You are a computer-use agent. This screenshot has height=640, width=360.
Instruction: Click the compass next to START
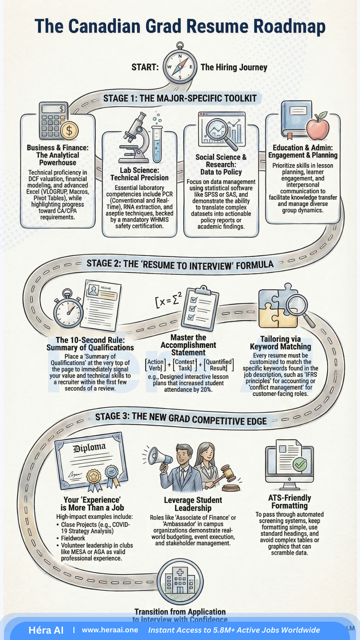[180, 66]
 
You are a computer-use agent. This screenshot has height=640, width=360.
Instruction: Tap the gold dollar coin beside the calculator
[69, 130]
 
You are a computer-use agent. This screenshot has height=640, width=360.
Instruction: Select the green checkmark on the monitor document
[299, 464]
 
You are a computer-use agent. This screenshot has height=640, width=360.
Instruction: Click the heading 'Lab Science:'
[139, 170]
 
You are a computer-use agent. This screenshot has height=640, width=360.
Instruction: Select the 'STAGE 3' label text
[112, 416]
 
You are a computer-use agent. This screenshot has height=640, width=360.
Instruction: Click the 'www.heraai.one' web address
[110, 630]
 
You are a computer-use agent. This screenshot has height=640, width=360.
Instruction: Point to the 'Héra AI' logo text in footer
[46, 630]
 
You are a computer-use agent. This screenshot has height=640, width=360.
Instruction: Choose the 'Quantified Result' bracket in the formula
[219, 365]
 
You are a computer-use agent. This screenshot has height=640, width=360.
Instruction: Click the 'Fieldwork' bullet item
[73, 538]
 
